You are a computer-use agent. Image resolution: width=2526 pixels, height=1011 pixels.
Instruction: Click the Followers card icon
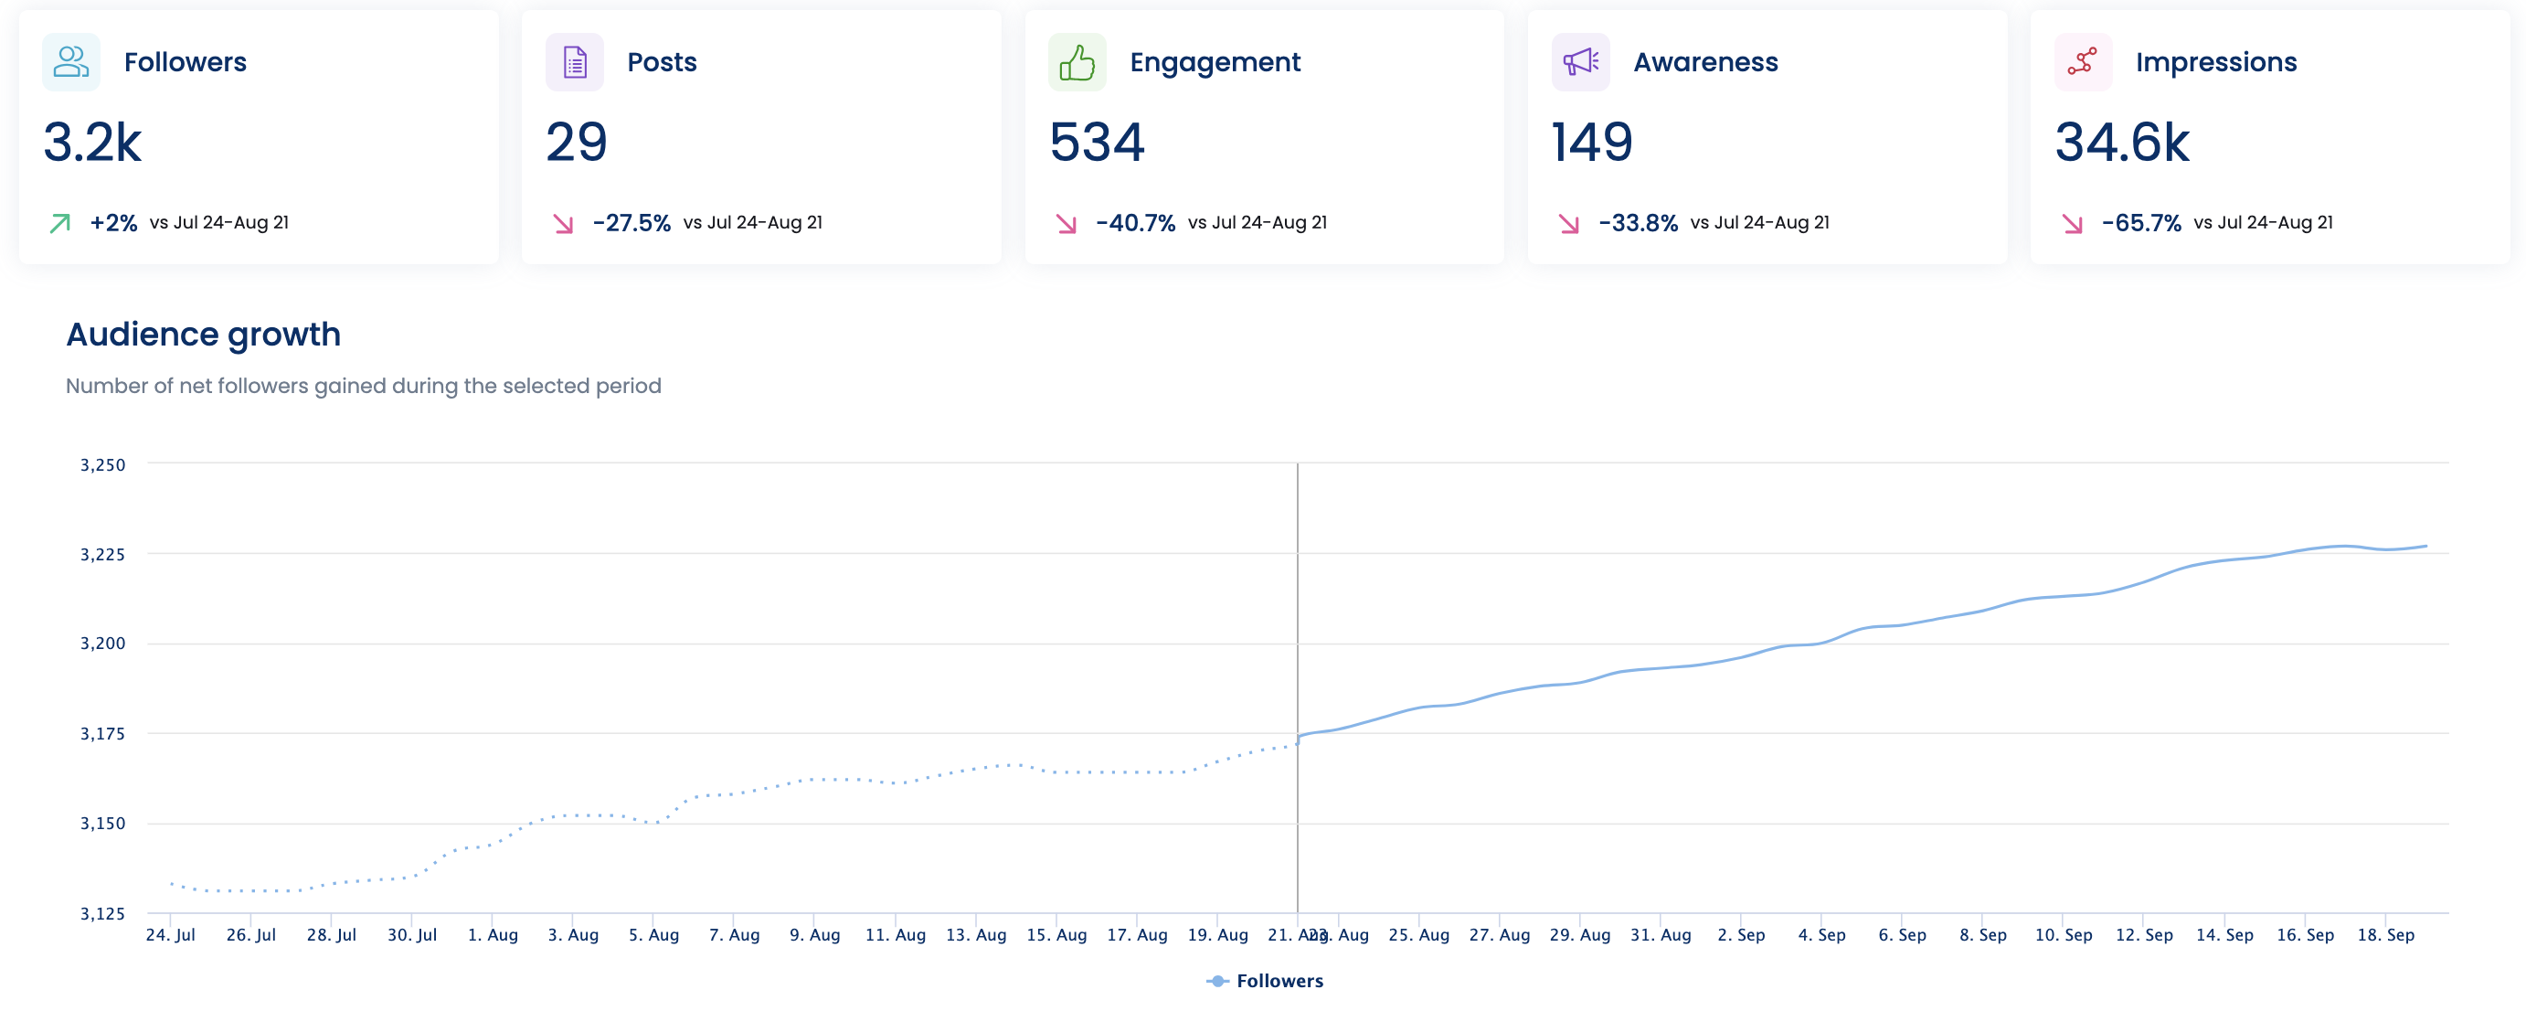point(70,62)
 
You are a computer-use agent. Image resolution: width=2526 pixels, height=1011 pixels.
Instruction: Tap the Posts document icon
point(575,62)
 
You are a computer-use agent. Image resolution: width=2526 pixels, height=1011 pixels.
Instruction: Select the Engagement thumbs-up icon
point(1077,62)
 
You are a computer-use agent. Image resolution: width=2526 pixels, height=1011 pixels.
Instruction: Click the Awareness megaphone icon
point(1580,62)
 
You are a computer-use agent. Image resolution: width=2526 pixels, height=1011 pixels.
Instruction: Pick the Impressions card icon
point(2082,62)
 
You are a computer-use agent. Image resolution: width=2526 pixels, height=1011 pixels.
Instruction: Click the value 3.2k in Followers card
point(92,143)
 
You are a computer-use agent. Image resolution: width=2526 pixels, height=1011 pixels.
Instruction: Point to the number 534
point(1097,143)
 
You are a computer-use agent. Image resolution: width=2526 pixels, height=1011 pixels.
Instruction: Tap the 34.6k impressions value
point(2121,143)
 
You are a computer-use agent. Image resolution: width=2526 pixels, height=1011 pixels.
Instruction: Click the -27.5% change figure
point(631,223)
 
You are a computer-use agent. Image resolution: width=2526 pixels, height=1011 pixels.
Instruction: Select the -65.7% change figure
point(2140,223)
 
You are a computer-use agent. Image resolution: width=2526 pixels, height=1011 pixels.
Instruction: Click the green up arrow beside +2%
point(59,224)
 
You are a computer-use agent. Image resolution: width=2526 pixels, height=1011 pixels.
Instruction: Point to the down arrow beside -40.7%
point(1066,224)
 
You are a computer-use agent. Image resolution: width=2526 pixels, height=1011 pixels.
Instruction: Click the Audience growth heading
point(203,335)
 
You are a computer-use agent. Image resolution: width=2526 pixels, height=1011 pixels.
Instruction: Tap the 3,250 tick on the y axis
point(103,464)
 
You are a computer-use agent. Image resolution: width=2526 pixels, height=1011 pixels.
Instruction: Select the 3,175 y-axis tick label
point(103,733)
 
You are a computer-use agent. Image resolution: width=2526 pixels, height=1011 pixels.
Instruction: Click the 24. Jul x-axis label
point(171,934)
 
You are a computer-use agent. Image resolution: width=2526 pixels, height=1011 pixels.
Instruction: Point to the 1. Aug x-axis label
point(493,934)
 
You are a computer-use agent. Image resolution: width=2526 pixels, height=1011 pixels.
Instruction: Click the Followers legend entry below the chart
point(1266,981)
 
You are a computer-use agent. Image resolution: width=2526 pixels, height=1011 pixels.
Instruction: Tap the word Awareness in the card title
point(1705,62)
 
